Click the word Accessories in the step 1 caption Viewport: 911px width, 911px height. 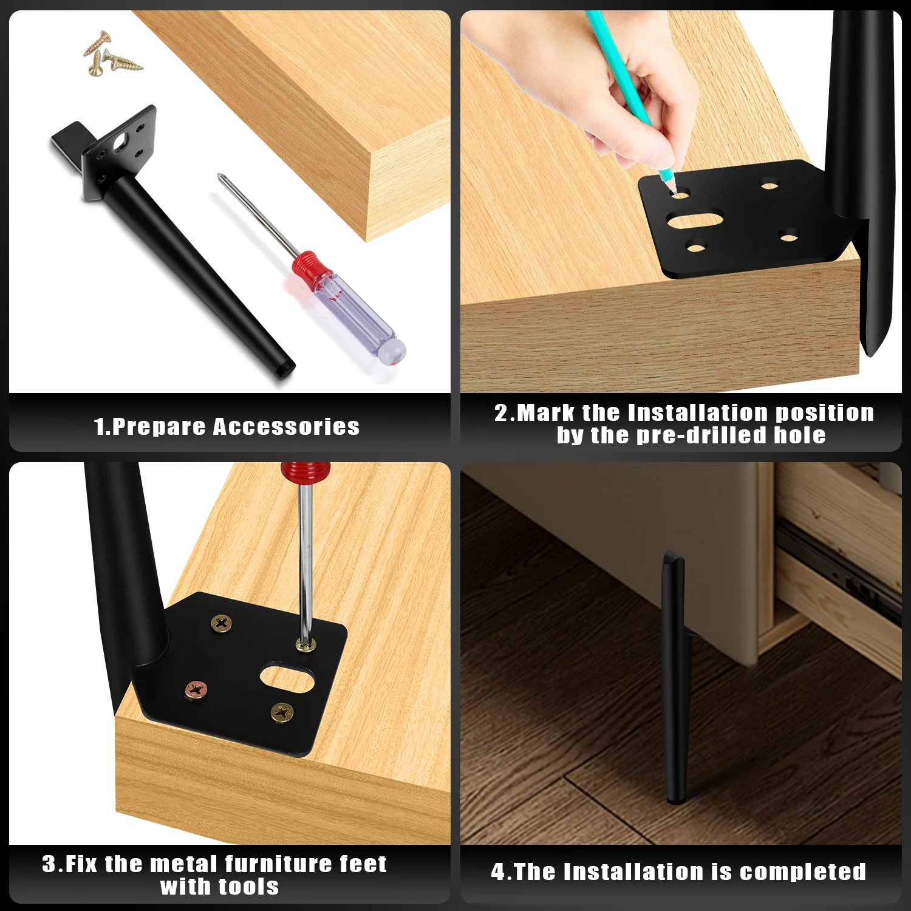click(286, 426)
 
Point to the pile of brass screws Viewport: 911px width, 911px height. click(111, 54)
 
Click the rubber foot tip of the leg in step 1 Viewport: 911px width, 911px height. click(287, 369)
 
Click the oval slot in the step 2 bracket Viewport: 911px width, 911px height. click(695, 219)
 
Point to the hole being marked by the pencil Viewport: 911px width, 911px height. click(680, 194)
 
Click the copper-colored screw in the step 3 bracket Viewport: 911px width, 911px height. click(196, 689)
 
